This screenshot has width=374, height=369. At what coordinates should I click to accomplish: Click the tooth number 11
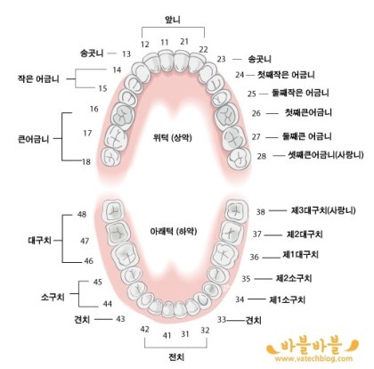[165, 42]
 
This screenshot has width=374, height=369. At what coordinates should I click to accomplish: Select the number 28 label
[262, 156]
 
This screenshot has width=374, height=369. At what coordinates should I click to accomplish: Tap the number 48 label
[82, 214]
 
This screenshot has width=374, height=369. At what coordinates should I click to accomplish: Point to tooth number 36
[254, 257]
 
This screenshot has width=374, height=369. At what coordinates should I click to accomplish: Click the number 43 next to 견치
[120, 319]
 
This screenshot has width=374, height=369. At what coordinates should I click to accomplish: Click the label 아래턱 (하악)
[174, 231]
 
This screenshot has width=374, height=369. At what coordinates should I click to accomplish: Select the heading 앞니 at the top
[173, 20]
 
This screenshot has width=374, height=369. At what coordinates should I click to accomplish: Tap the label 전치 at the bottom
[176, 357]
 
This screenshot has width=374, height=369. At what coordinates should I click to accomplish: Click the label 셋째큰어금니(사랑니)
[326, 155]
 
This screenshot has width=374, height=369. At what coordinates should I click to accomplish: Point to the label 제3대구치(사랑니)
[323, 210]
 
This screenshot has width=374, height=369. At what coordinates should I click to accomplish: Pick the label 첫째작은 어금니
[286, 75]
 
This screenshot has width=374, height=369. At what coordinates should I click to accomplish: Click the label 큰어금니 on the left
[34, 139]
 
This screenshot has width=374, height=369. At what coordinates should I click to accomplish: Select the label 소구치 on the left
[53, 297]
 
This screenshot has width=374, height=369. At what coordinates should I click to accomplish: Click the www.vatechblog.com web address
[313, 358]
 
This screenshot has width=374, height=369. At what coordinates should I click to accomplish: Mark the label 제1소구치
[287, 299]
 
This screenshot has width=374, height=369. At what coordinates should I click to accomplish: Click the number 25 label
[252, 94]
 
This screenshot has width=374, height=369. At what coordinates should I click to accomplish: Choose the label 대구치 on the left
[40, 240]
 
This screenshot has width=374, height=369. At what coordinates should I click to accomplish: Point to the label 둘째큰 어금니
[307, 136]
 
